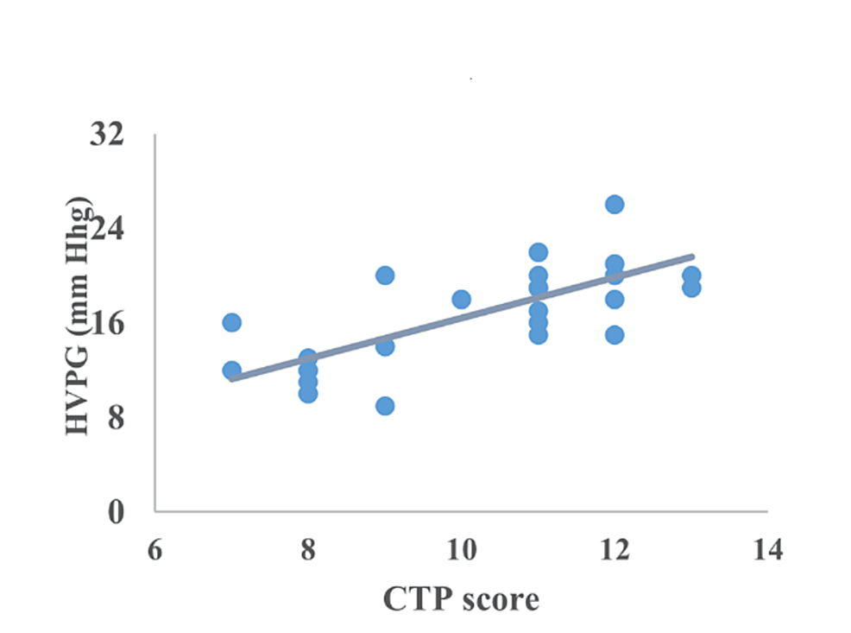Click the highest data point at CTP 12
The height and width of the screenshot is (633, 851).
coord(615,205)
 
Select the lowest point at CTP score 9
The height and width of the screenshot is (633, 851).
coord(385,406)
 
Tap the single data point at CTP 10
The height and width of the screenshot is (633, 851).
coord(461,300)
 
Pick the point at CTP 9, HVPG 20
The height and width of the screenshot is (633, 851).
coord(385,275)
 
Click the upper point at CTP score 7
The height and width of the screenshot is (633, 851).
coord(231,322)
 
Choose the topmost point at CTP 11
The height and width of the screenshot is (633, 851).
coord(539,252)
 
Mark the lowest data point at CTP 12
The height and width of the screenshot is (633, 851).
coord(615,335)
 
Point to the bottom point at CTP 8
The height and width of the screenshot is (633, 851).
coord(308,394)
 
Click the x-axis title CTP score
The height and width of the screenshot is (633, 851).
coord(461,598)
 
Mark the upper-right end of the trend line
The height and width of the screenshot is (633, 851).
coord(692,256)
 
